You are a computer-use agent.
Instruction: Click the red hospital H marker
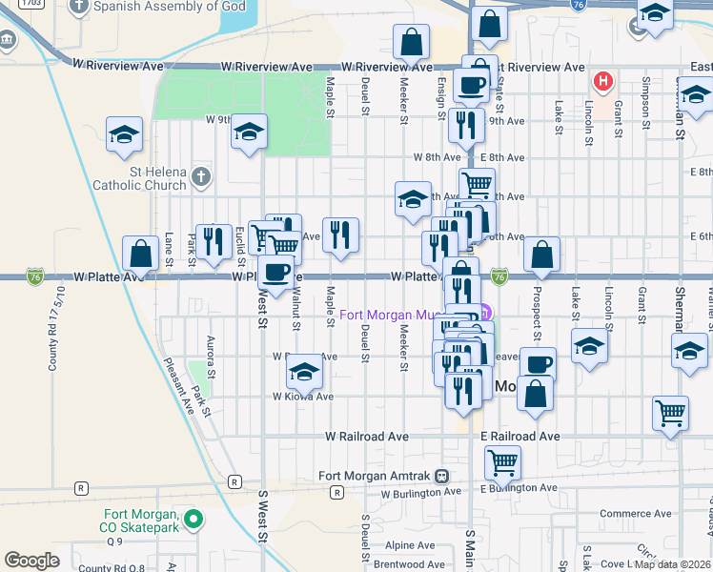[x=601, y=80]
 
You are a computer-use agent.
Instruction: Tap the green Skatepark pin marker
[x=194, y=520]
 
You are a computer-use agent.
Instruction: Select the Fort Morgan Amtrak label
[x=376, y=477]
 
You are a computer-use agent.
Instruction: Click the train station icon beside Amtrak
[x=441, y=477]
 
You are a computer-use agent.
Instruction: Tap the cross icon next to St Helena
[x=199, y=176]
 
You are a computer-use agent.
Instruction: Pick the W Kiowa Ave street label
[x=303, y=397]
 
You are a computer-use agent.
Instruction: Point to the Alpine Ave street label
[x=410, y=546]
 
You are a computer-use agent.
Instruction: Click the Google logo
[x=31, y=561]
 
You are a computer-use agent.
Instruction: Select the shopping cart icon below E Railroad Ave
[x=502, y=462]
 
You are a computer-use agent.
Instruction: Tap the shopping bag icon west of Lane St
[x=140, y=254]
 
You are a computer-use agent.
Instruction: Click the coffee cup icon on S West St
[x=275, y=272]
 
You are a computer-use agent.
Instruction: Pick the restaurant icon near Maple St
[x=340, y=235]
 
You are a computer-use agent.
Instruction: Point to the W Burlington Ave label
[x=420, y=494]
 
